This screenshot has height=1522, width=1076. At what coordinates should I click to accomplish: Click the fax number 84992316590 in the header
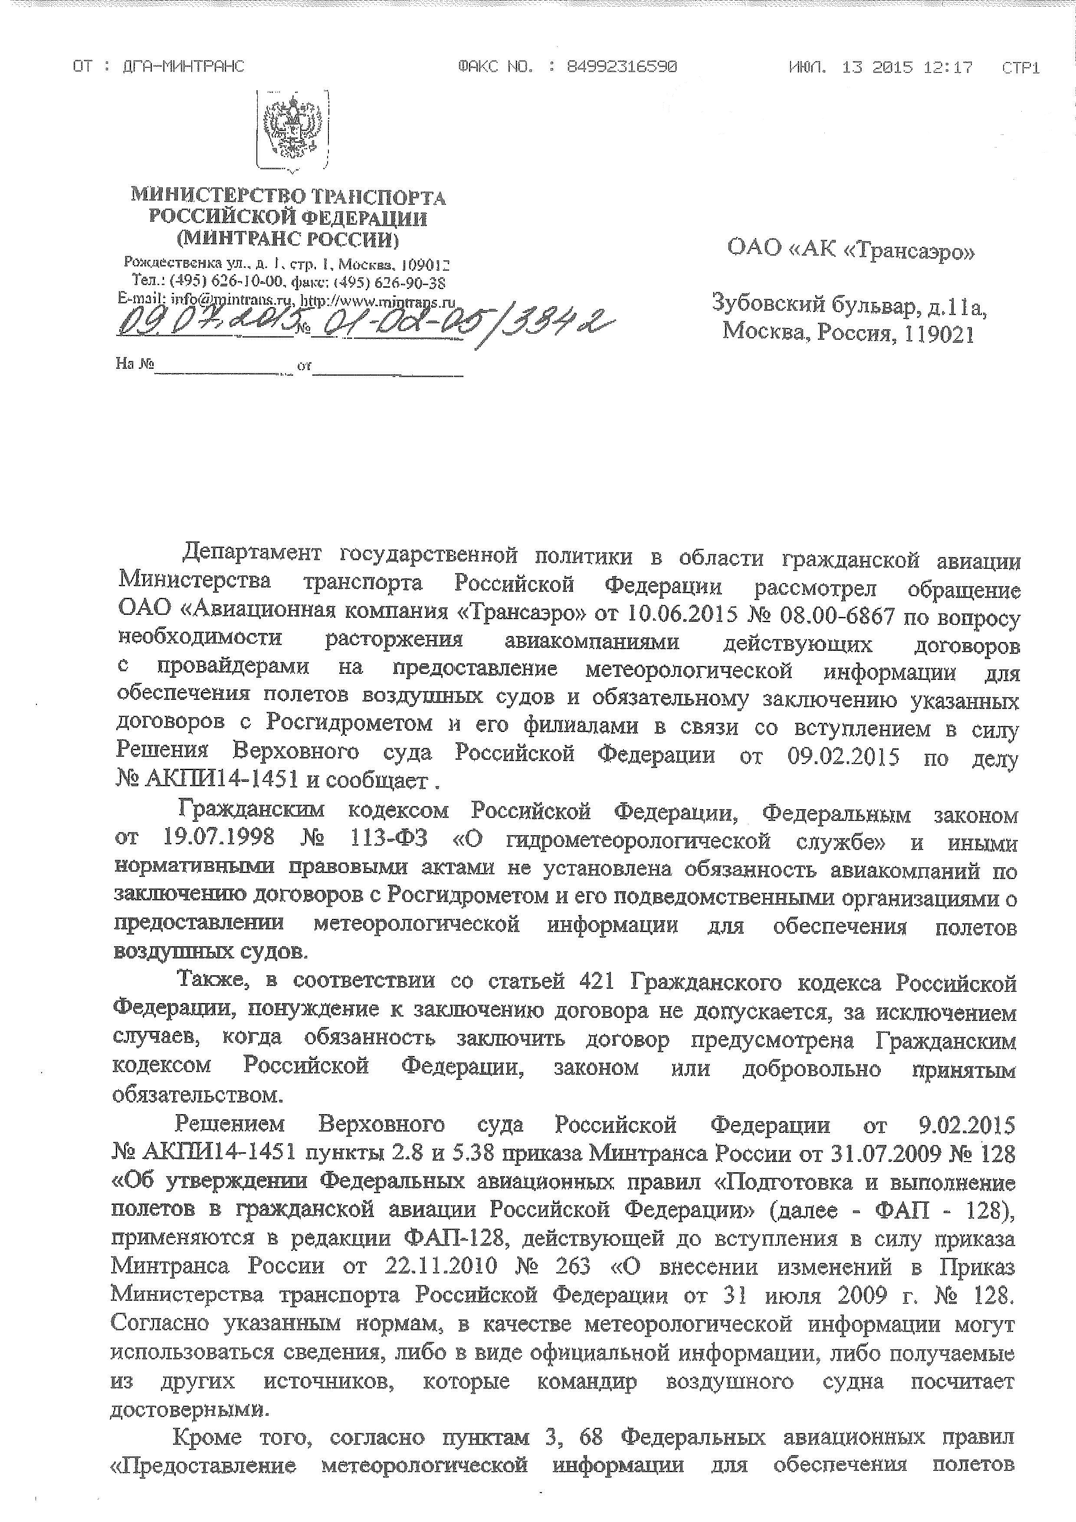(x=621, y=67)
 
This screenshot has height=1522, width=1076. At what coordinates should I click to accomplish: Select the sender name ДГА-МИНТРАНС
(x=184, y=66)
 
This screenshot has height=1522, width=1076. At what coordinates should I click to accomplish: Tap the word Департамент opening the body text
(x=252, y=551)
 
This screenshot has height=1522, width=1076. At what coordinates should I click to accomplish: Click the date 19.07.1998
(x=218, y=838)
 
